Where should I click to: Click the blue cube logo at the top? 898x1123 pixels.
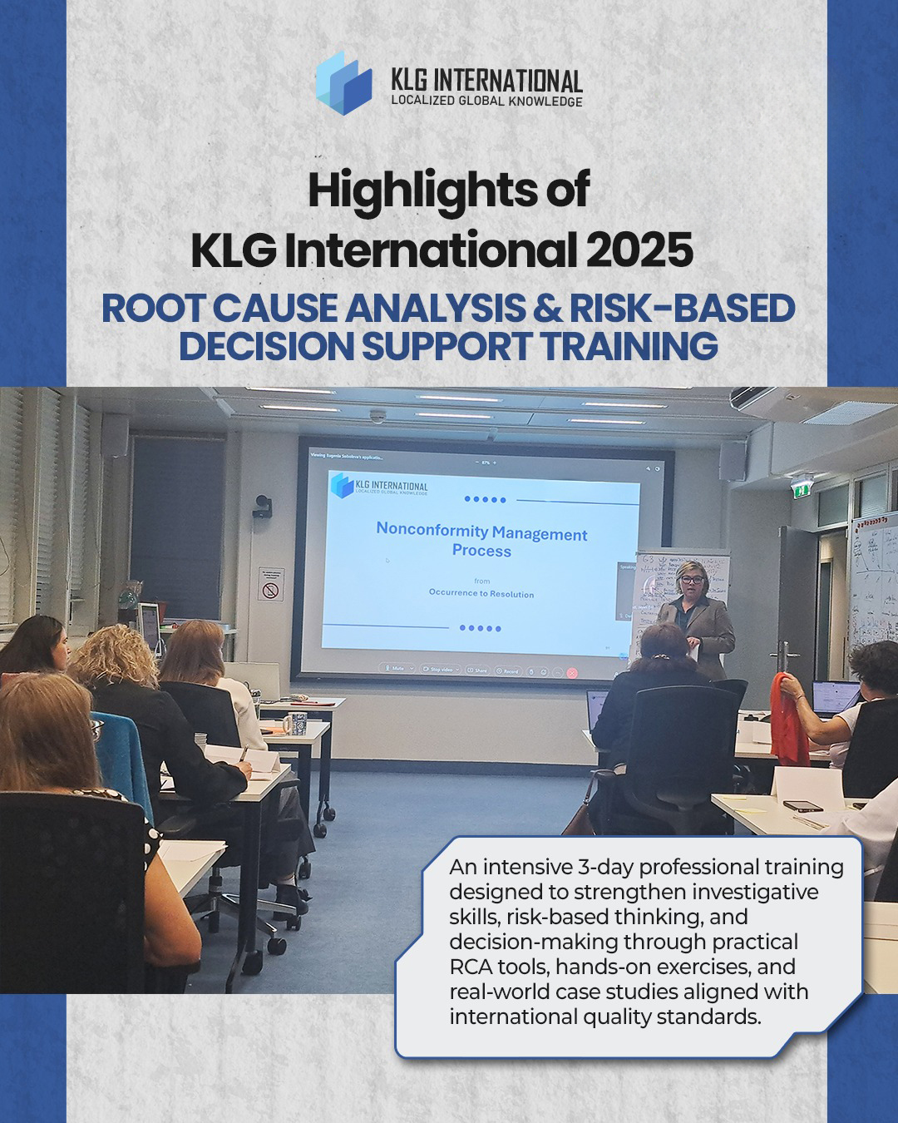(x=343, y=82)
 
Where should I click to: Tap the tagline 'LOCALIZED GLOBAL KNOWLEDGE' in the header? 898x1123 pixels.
(x=486, y=101)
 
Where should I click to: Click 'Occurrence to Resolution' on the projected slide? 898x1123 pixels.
(x=481, y=593)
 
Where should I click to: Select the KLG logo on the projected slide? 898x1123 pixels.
(x=379, y=485)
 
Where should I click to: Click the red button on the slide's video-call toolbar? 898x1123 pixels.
(x=572, y=671)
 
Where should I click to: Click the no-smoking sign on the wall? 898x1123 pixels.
(x=271, y=590)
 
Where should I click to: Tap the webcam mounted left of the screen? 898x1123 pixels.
(x=263, y=506)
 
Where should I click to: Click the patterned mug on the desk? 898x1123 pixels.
(x=295, y=724)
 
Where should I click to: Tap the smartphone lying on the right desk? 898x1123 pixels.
(x=802, y=805)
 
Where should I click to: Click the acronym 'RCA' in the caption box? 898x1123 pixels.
(x=471, y=967)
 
